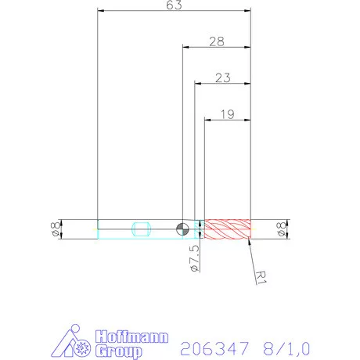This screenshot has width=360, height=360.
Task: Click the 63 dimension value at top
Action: pyautogui.click(x=174, y=6)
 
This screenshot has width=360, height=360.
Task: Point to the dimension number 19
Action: pyautogui.click(x=227, y=113)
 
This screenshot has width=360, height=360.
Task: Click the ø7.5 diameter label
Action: pyautogui.click(x=194, y=257)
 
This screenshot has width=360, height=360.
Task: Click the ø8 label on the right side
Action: pyautogui.click(x=280, y=229)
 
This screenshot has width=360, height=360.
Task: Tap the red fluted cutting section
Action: pyautogui.click(x=227, y=229)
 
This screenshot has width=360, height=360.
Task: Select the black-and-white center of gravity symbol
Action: pyautogui.click(x=182, y=229)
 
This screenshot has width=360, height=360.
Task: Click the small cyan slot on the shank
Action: pyautogui.click(x=141, y=229)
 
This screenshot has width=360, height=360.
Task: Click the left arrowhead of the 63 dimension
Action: pyautogui.click(x=100, y=11)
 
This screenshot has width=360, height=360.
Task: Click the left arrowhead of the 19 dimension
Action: pyautogui.click(x=207, y=120)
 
